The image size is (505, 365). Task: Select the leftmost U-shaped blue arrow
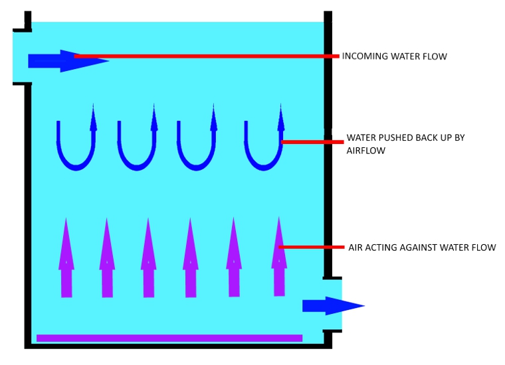76,162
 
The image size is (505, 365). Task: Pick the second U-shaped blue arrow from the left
137,162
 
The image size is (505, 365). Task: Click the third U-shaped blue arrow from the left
197,162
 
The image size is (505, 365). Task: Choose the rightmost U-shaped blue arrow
264,162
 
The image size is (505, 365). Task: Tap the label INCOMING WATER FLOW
394,56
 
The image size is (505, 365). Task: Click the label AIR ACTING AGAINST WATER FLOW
422,248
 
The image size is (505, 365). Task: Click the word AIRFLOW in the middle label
366,151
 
